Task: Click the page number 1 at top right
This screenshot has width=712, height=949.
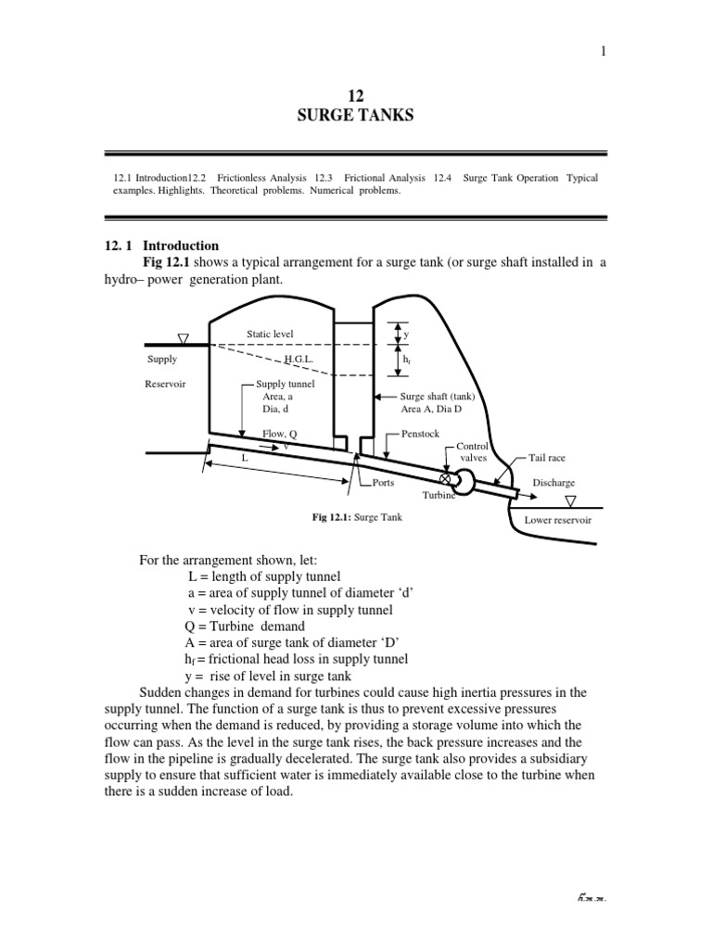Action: pyautogui.click(x=603, y=51)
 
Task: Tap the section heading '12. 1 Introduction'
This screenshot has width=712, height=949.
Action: pyautogui.click(x=161, y=246)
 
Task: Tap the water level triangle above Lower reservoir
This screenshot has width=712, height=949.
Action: pyautogui.click(x=571, y=501)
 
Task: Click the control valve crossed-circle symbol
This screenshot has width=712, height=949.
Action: pyautogui.click(x=445, y=479)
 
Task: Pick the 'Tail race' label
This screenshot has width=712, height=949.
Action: pyautogui.click(x=546, y=457)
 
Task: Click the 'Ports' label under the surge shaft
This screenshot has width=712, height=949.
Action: pyautogui.click(x=382, y=483)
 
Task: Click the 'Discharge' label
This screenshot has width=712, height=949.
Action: pyautogui.click(x=553, y=483)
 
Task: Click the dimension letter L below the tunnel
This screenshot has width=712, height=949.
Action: pyautogui.click(x=245, y=458)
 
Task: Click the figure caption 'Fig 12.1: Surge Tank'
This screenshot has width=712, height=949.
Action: pyautogui.click(x=356, y=516)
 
